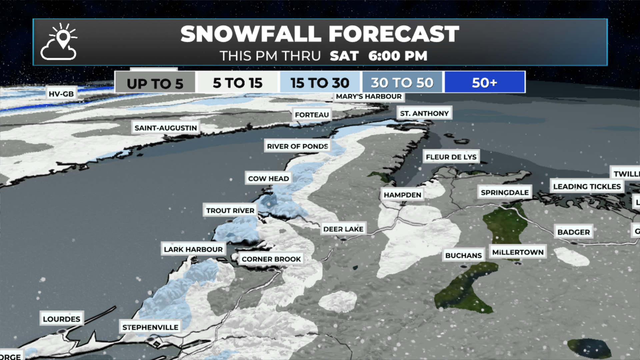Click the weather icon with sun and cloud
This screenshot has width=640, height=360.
point(59,42)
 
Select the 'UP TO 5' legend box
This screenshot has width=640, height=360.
point(155,83)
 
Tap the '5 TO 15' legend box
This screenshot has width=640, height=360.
point(238,83)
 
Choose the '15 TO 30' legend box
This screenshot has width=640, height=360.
point(320,83)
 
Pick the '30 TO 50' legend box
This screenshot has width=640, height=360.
point(402,83)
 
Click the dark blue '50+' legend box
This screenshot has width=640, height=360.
point(484,82)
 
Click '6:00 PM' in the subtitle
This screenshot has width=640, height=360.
point(398,56)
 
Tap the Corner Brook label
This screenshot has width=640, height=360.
point(271,259)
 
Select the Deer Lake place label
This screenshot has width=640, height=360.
point(343,229)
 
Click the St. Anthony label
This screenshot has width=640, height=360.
point(424,113)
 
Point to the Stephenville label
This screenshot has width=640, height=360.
point(150,327)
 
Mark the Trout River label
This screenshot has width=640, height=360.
point(230,210)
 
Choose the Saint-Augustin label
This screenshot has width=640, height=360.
point(166,128)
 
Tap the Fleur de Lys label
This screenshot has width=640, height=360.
point(451,157)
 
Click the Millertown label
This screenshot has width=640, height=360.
point(518,252)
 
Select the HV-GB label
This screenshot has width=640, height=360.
point(61,94)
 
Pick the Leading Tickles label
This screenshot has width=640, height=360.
point(587,186)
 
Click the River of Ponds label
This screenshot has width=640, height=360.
point(297,146)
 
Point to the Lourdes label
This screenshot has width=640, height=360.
point(62,319)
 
